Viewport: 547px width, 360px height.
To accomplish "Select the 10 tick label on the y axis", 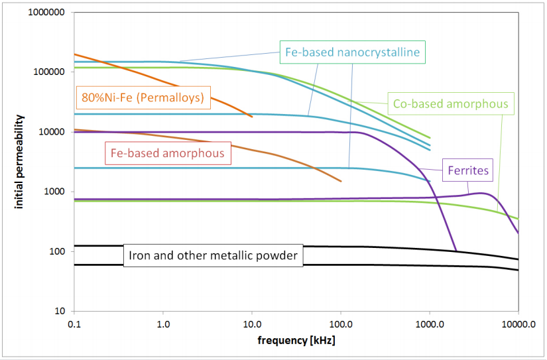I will click(58, 311).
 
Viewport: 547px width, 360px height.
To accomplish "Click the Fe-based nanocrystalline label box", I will click(351, 52).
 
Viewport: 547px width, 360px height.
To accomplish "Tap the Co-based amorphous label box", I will click(450, 103).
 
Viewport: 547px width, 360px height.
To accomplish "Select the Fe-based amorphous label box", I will click(167, 154).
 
